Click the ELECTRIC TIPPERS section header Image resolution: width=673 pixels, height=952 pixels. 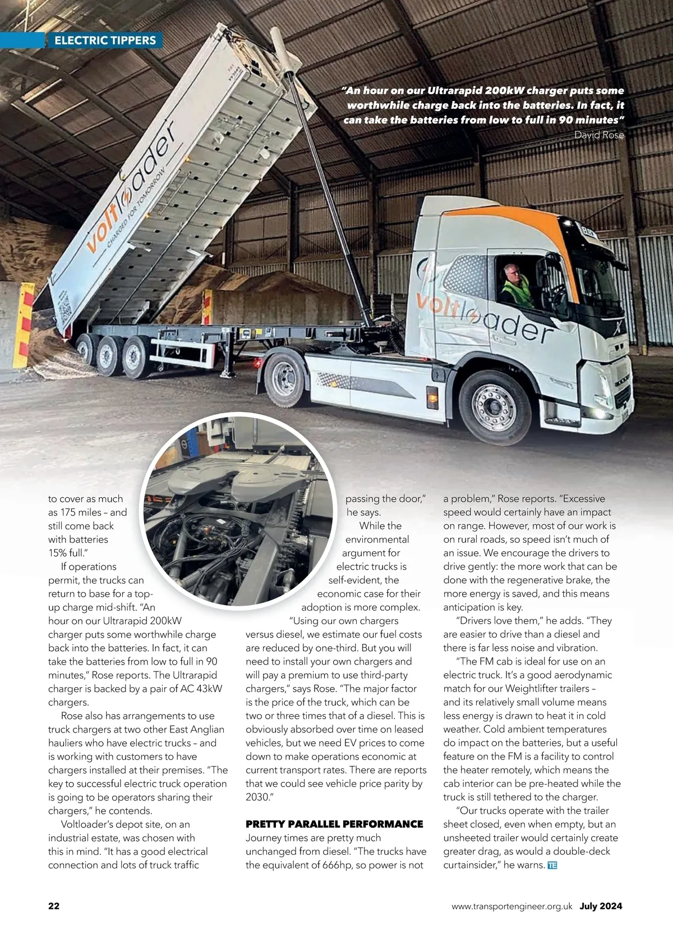click(105, 40)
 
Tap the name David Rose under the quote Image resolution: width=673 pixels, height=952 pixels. click(599, 135)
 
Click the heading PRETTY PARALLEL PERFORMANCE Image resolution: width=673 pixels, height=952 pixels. click(334, 824)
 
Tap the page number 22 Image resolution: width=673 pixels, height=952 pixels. click(54, 906)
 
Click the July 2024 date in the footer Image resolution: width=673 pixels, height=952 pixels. click(601, 906)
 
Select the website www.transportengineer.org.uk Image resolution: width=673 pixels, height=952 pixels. click(511, 906)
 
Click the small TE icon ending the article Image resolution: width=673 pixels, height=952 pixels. click(552, 865)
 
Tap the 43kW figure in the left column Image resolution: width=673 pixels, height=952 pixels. click(209, 689)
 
